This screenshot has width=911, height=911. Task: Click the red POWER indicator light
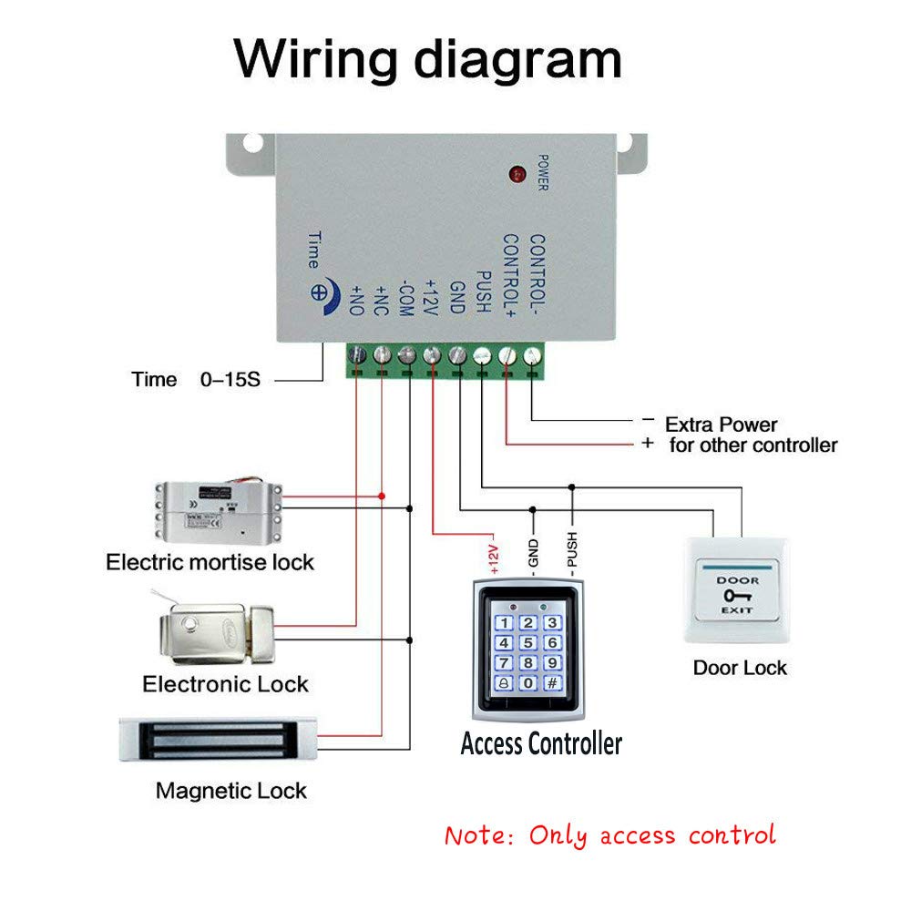pyautogui.click(x=517, y=172)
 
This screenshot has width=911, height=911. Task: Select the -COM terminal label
pyautogui.click(x=407, y=297)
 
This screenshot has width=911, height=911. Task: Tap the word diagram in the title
pyautogui.click(x=517, y=60)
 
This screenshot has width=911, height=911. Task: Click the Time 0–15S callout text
pyautogui.click(x=196, y=379)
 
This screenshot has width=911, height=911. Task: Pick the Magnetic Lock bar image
pyautogui.click(x=218, y=739)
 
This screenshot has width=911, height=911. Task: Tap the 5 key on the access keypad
pyautogui.click(x=528, y=643)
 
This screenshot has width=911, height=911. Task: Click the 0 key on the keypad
pyautogui.click(x=528, y=682)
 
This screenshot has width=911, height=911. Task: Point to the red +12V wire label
pyautogui.click(x=495, y=553)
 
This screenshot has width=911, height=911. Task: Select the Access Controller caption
pyautogui.click(x=541, y=743)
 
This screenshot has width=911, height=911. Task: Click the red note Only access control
pyautogui.click(x=609, y=835)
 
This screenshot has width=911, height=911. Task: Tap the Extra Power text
pyautogui.click(x=721, y=425)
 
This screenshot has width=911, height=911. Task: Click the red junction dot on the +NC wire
pyautogui.click(x=382, y=496)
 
